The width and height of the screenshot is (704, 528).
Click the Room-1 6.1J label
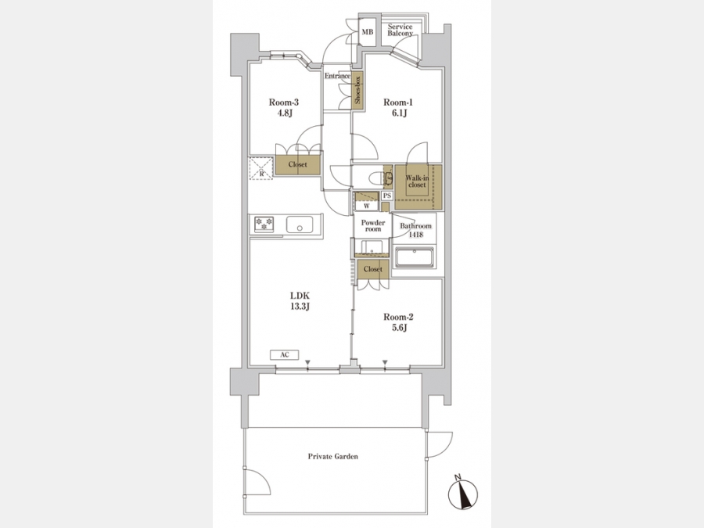(398, 108)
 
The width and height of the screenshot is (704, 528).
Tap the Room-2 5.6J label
(398, 322)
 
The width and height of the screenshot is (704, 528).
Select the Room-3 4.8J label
(283, 108)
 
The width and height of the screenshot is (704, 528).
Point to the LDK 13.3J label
(300, 301)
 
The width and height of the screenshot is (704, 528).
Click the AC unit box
(284, 354)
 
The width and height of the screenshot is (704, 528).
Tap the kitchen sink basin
(300, 224)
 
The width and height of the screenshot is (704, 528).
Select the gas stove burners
(264, 224)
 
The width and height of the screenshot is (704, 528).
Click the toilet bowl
(376, 178)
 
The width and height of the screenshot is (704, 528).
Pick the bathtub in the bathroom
(415, 257)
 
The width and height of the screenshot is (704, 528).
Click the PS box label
(387, 196)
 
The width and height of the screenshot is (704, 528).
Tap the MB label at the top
(368, 32)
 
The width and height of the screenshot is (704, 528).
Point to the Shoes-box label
(357, 90)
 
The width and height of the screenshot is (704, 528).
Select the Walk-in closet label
(417, 181)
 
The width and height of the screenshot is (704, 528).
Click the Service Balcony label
(400, 30)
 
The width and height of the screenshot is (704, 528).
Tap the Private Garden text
(333, 456)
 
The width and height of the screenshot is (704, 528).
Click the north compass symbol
(462, 493)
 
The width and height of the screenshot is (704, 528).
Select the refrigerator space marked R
(261, 168)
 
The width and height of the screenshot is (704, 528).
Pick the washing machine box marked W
(366, 206)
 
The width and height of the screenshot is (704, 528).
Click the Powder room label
(373, 225)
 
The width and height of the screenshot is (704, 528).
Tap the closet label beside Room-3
(298, 164)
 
